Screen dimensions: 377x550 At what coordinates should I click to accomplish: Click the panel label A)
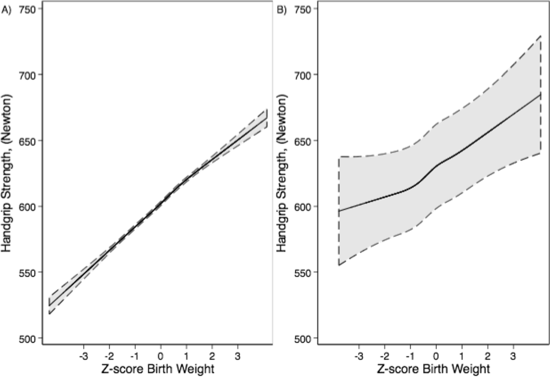tap(6, 10)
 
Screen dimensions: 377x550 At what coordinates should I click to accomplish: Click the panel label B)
tap(281, 10)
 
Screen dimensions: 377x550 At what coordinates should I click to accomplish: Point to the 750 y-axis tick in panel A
tap(27, 9)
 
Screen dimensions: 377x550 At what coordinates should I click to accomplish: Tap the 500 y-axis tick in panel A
tap(27, 339)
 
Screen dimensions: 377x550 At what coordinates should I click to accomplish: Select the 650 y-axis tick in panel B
tap(302, 141)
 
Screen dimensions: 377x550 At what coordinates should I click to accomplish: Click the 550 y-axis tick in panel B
tap(302, 273)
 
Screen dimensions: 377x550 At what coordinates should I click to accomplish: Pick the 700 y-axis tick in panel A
tap(27, 75)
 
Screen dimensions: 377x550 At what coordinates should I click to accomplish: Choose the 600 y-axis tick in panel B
tap(302, 207)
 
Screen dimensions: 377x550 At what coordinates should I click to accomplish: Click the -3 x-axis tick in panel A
tap(84, 356)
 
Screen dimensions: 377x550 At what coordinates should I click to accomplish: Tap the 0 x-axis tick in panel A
tap(160, 356)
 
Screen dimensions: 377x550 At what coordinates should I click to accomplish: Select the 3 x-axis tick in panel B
tap(513, 356)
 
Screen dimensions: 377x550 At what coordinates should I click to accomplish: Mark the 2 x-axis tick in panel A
tap(212, 356)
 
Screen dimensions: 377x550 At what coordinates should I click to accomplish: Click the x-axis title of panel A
tap(158, 369)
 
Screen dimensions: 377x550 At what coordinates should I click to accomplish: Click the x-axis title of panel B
tap(433, 369)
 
